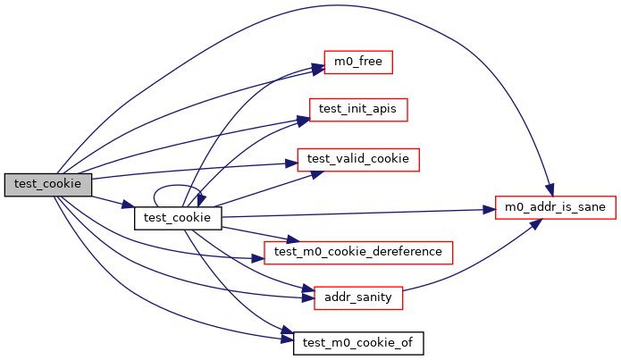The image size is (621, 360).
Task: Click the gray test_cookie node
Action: pos(48,185)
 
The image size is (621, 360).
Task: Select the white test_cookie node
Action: pos(178,217)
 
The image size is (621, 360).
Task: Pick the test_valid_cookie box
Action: pos(357,159)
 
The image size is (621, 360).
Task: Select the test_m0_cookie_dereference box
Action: pos(357,252)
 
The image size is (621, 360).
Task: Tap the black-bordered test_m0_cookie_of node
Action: pos(358,342)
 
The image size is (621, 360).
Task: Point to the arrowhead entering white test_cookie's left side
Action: pos(129,206)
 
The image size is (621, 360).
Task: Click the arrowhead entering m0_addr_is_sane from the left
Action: pos(490,209)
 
